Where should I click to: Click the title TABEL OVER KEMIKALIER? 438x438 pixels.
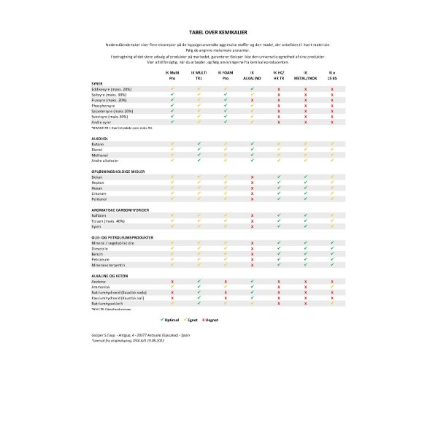(x=218, y=33)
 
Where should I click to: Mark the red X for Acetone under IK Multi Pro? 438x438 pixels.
(x=172, y=281)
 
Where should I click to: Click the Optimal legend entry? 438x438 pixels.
(x=170, y=320)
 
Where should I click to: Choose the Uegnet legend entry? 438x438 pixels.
(x=212, y=320)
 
